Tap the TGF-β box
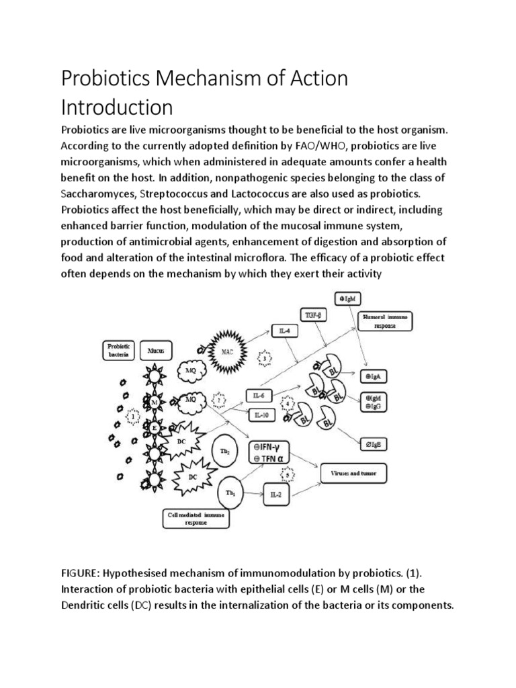314,313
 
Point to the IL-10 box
261,415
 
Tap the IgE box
372,444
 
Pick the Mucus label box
157,350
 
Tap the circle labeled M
155,401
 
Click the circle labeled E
155,427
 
